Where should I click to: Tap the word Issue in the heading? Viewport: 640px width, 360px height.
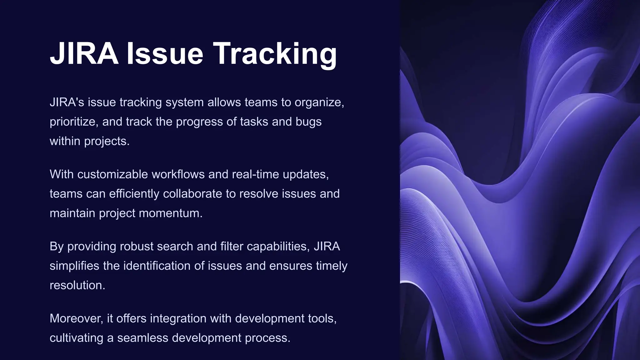click(x=165, y=54)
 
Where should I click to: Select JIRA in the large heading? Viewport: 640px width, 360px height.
click(x=84, y=54)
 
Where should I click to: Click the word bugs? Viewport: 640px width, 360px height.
click(x=308, y=122)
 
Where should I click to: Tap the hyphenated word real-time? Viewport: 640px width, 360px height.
click(x=256, y=174)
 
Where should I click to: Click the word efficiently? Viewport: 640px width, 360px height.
click(x=134, y=194)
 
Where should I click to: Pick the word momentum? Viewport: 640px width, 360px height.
click(x=170, y=213)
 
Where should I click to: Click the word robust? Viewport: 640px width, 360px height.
click(x=136, y=247)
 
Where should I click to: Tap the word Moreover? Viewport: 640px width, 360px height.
click(x=76, y=318)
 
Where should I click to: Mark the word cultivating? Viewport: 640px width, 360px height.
click(x=76, y=338)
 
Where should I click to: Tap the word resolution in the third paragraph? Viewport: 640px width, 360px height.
click(x=77, y=285)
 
